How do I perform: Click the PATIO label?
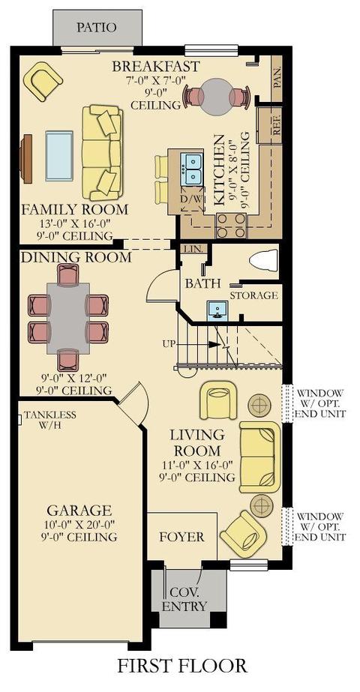[97, 27]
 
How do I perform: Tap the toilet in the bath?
[264, 260]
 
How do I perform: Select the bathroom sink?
[217, 310]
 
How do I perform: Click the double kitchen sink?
[192, 169]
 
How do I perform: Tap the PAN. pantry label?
[277, 78]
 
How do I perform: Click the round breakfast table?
[217, 97]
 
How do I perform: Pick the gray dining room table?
[68, 318]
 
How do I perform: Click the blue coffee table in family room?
[59, 156]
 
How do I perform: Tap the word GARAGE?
[79, 511]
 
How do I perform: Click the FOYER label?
[181, 537]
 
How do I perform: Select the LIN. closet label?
[193, 249]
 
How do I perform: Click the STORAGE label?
[253, 295]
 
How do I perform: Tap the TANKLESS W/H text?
[49, 419]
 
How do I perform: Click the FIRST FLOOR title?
[181, 666]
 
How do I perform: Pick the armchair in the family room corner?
[43, 81]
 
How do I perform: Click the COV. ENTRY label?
[184, 599]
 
